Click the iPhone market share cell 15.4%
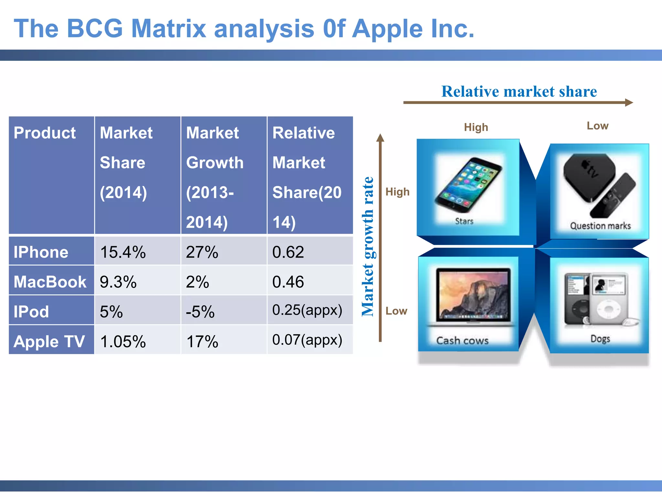point(123,252)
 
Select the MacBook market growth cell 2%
point(198,282)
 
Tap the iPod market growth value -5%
point(200,312)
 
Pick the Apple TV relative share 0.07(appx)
point(307,339)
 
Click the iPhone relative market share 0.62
point(288,252)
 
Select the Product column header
point(45,133)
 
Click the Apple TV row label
point(49,341)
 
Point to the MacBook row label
point(50,282)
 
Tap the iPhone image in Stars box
point(468,184)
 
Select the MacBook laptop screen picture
point(473,294)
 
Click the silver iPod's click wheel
point(608,309)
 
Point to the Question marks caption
point(600,226)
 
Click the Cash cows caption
point(462,340)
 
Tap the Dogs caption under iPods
point(600,339)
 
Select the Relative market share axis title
point(519,91)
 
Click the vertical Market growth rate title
point(368,247)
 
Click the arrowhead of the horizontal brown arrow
point(629,103)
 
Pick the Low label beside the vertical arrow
point(396,311)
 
